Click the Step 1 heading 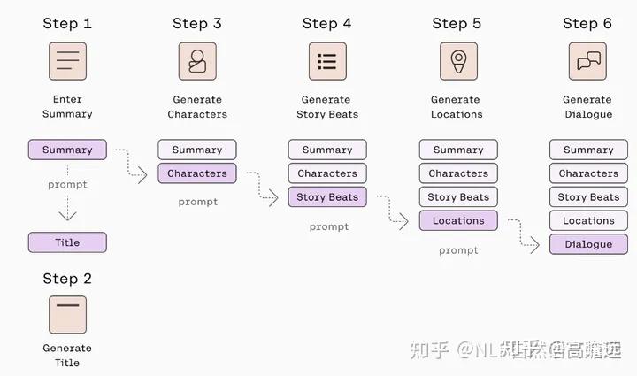[67, 23]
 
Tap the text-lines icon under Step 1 [67, 61]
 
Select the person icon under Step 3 [197, 61]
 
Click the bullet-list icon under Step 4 [327, 61]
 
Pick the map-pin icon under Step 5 [458, 61]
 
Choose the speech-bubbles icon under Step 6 [587, 61]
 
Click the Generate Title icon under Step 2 [67, 314]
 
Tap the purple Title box [67, 242]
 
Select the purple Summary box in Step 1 [67, 150]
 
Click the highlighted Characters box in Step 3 [197, 173]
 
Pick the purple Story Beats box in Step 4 [327, 197]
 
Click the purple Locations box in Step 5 [458, 221]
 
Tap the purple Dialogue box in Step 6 [588, 244]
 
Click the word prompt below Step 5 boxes [458, 250]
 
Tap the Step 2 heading [67, 279]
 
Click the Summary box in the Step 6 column [588, 150]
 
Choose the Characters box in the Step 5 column [458, 173]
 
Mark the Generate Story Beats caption [327, 107]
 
